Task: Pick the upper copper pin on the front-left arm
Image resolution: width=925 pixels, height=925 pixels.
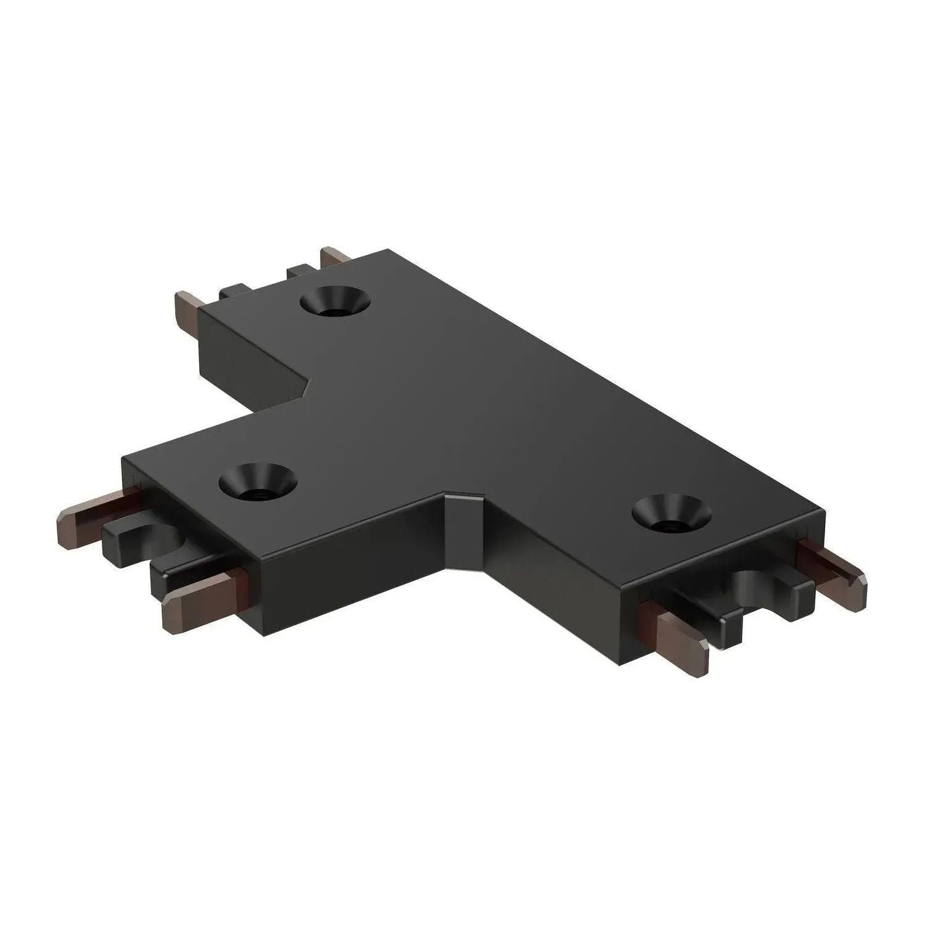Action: pyautogui.click(x=92, y=517)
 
